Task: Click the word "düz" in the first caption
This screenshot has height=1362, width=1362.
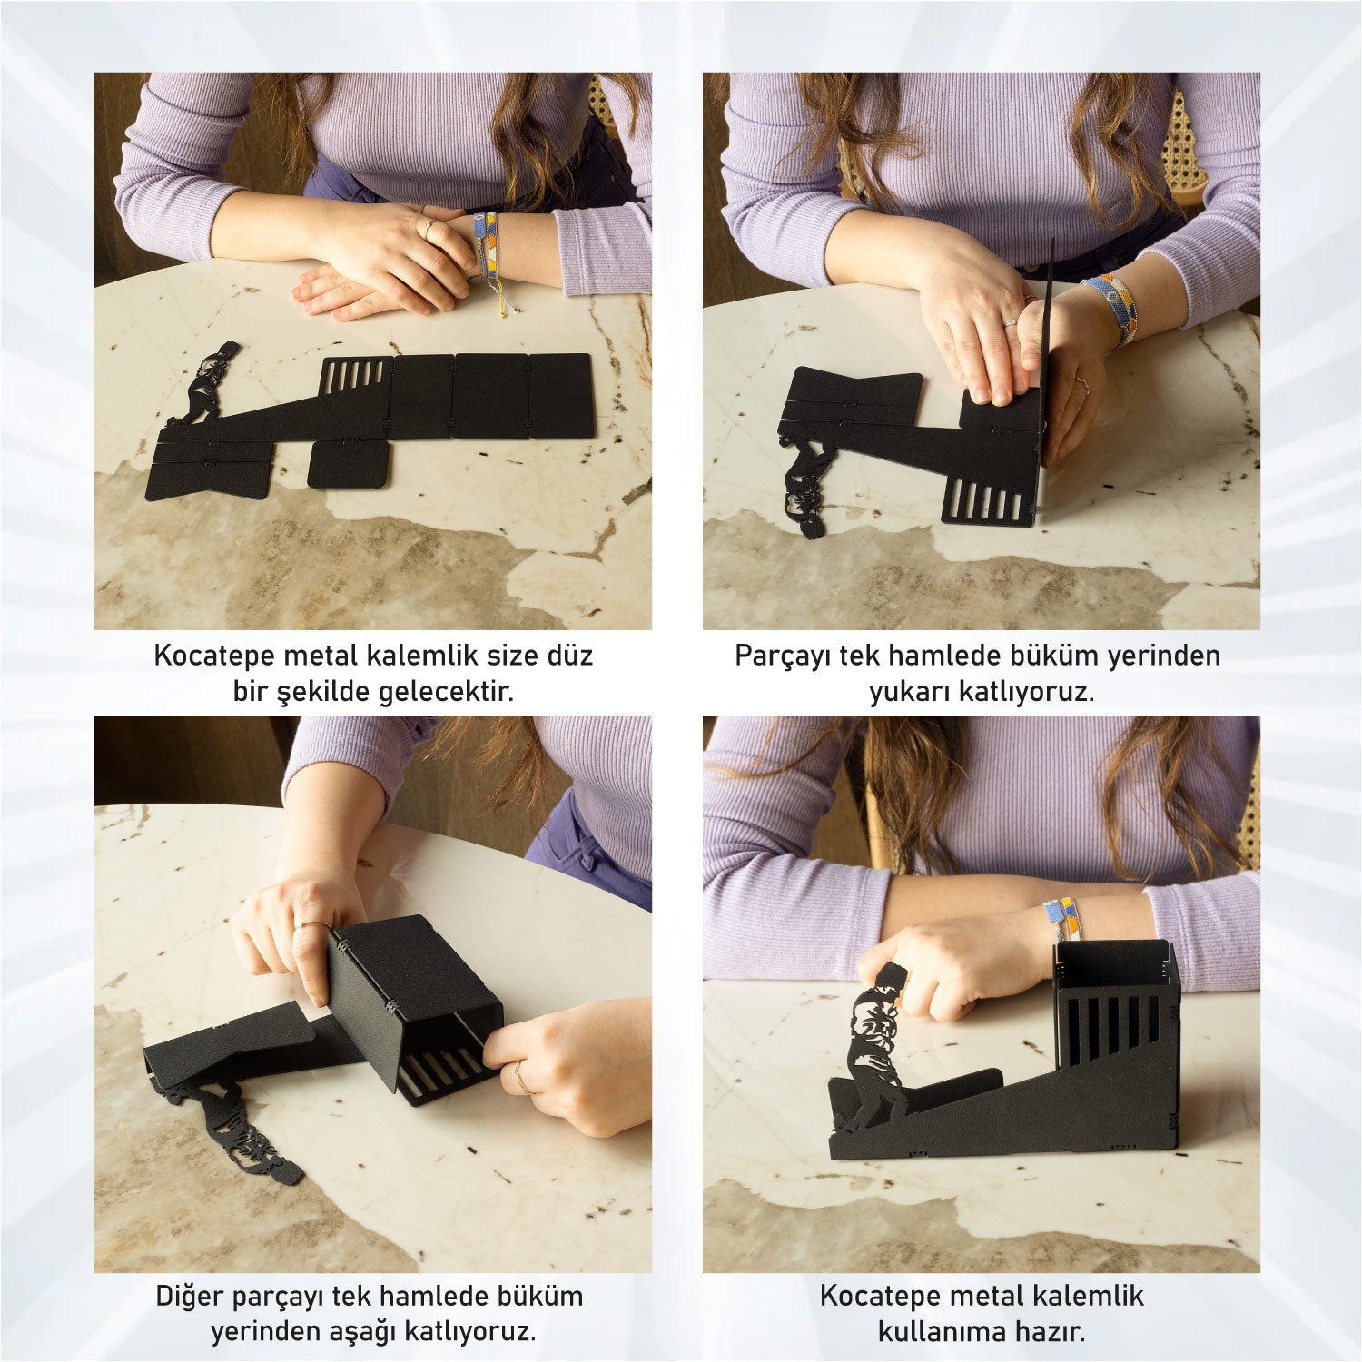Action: tap(567, 655)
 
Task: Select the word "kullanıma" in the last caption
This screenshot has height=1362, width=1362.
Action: tap(942, 1333)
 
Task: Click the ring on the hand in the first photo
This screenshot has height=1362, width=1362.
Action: tap(428, 226)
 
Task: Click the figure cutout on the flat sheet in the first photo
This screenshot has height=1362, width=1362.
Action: tap(204, 382)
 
